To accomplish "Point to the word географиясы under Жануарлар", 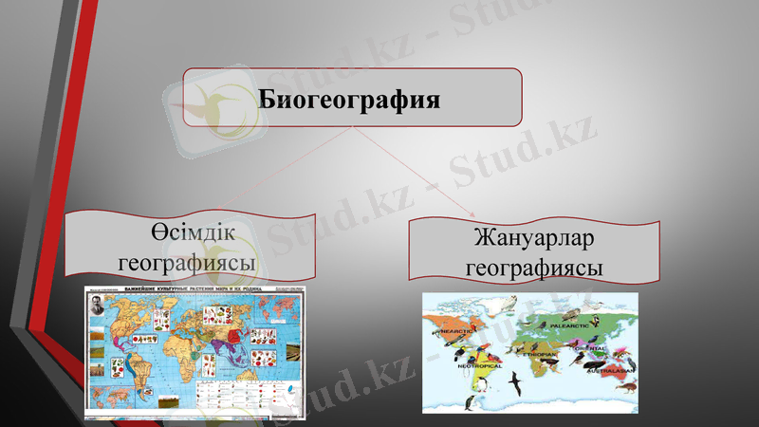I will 535,267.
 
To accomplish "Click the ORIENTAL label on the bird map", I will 589,348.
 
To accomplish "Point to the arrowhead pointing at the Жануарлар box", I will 472,214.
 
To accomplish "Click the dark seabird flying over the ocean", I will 515,382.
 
